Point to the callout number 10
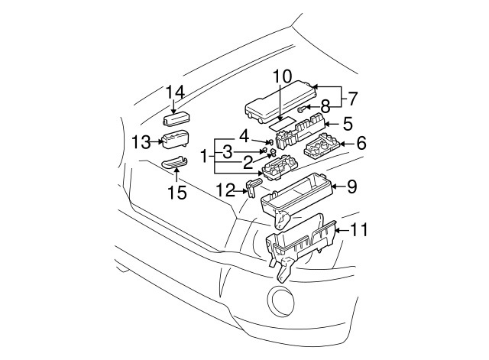pyautogui.click(x=282, y=76)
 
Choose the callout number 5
pyautogui.click(x=346, y=123)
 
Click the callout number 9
pyautogui.click(x=351, y=185)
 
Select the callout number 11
pyautogui.click(x=358, y=228)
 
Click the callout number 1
pyautogui.click(x=204, y=156)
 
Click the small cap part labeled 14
pyautogui.click(x=175, y=118)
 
